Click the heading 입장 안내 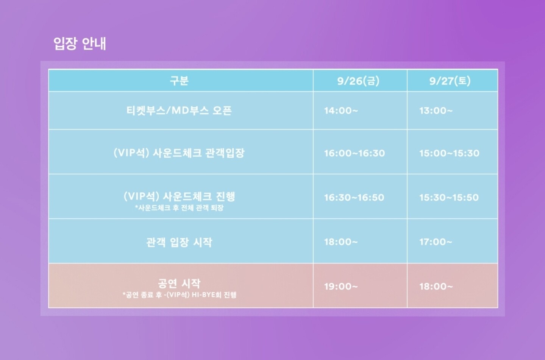[x=80, y=44]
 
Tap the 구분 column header [x=179, y=81]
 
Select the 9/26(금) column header [x=358, y=81]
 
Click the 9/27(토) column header [x=450, y=81]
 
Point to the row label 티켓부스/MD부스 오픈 [x=179, y=111]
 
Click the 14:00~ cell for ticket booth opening [x=341, y=111]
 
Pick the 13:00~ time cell [x=436, y=111]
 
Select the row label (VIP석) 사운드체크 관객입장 [x=179, y=153]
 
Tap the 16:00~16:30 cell [x=354, y=153]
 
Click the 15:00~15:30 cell [x=449, y=153]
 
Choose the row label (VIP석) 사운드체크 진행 [x=179, y=196]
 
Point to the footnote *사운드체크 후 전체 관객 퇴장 [x=179, y=208]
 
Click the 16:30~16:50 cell [x=354, y=198]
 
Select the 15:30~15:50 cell [x=449, y=198]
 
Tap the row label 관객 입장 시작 [x=179, y=242]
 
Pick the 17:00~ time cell [x=436, y=242]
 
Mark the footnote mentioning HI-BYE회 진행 [x=179, y=295]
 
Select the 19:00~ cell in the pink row [x=341, y=286]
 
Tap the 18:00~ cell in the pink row [x=436, y=286]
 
